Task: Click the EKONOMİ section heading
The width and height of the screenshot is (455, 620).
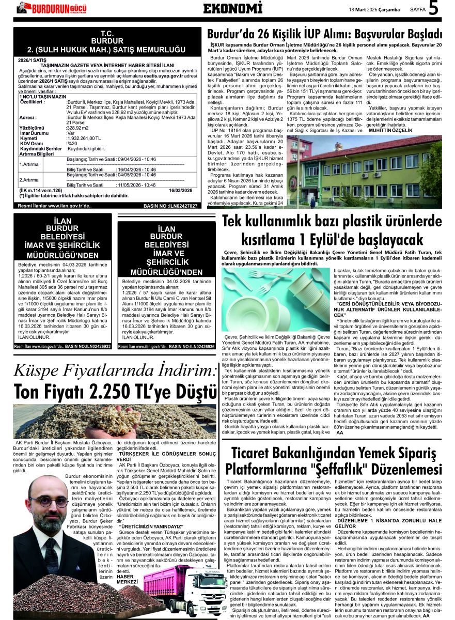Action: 229,8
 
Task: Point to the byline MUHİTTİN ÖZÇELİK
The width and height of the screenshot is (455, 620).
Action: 390,131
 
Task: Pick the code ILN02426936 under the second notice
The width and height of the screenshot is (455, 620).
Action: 197,346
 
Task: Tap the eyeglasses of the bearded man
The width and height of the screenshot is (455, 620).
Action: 49,501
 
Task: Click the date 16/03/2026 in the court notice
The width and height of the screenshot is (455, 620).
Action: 180,191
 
